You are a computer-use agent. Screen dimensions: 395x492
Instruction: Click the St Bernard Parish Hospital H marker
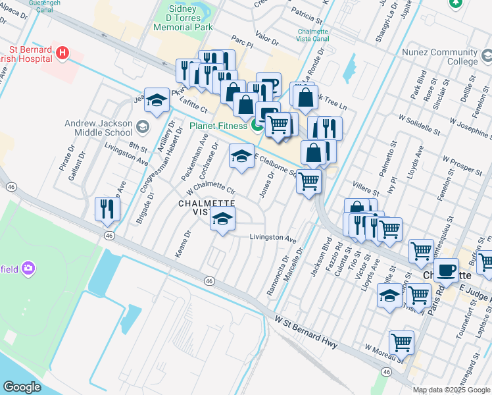point(62,53)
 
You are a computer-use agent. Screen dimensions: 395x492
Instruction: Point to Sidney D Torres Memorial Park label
point(183,19)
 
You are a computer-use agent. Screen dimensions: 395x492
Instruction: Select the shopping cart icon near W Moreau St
point(401,342)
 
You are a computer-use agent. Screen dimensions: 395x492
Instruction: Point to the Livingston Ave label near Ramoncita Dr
point(273,237)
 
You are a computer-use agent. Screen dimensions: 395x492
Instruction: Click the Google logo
point(22,387)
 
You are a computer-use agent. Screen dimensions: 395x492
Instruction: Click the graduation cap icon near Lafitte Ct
point(157,100)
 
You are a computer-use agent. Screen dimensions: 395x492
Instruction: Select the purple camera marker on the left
point(28,268)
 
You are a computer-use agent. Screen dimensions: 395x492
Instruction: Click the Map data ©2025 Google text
point(451,390)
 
